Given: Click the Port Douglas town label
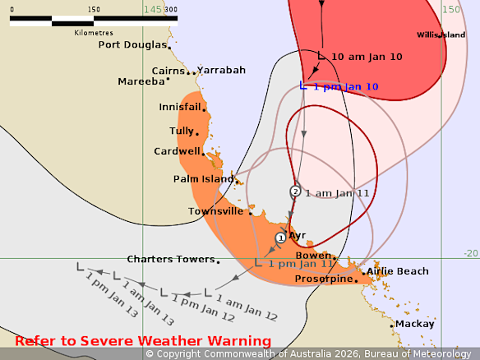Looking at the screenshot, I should pos(132,44).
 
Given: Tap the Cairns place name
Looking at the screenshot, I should pos(168,71).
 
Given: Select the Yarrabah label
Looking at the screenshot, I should pos(221,70).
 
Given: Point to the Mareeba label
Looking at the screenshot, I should pos(141,81).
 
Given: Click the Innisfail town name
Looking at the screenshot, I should pos(180,107).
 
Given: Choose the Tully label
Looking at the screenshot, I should pos(181,131).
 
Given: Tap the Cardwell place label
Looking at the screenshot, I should pos(177,151).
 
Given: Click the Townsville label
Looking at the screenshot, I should pos(216,211).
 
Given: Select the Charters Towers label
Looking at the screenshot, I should pos(170,259).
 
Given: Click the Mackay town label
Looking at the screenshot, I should pos(414,324).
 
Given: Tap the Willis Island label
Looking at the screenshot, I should pos(441,35).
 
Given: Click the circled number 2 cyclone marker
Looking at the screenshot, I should pos(295,192).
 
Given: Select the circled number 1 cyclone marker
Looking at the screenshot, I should pos(280,238).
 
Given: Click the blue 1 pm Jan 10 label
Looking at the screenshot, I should pos(345,87).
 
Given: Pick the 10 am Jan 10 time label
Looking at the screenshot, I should pos(367,57).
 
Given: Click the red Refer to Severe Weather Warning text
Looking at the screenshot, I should pos(143,341).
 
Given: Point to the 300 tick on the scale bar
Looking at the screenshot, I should pos(171,10).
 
